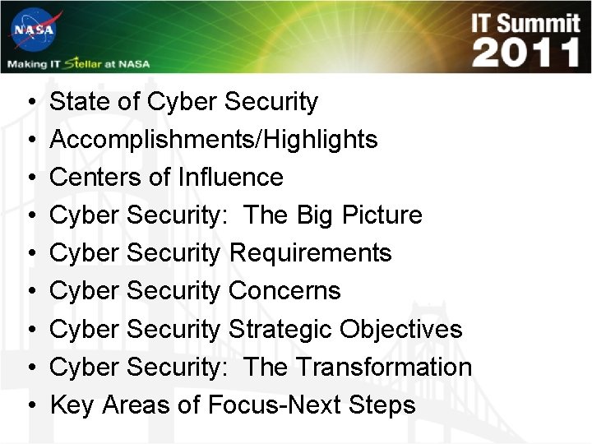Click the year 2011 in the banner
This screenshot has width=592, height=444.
(526, 53)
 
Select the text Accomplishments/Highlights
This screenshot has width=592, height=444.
(214, 140)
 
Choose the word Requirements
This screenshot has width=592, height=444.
(310, 253)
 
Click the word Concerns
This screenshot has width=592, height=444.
(284, 291)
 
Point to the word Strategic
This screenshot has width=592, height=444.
(280, 329)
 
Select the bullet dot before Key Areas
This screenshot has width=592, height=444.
(30, 406)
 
